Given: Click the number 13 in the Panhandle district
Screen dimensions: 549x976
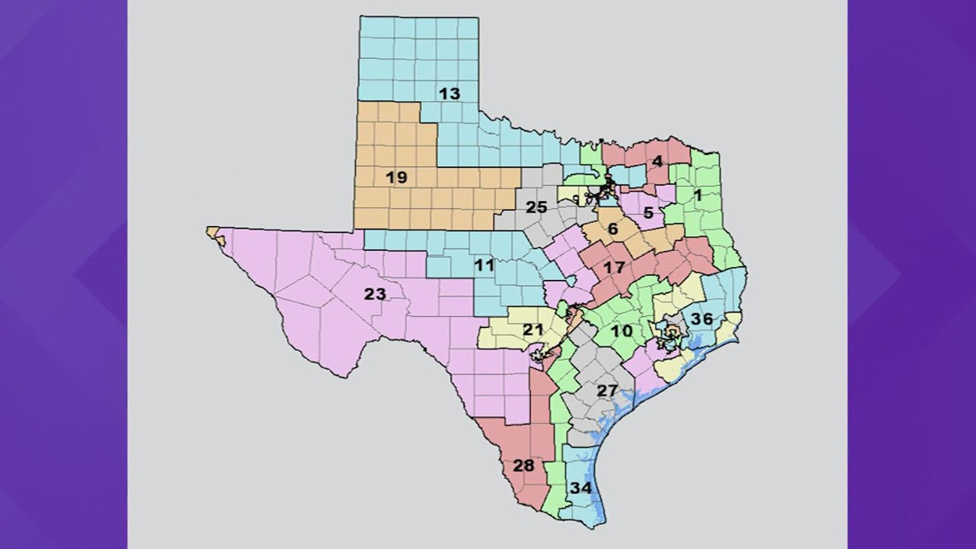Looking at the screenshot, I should coord(449,93).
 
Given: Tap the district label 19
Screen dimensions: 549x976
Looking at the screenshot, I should coord(396,178).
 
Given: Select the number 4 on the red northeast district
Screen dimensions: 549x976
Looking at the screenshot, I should coord(657,161).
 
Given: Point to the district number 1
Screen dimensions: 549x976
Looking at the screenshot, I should coord(698,195).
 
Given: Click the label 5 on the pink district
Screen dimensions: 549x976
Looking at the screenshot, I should coord(648,212).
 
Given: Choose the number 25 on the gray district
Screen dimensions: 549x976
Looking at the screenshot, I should coord(536,207).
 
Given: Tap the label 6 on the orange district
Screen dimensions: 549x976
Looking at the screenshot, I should coord(612,229).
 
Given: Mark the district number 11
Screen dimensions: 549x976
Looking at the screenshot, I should coord(485,266).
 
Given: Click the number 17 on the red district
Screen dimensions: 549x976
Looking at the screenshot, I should coord(613,267).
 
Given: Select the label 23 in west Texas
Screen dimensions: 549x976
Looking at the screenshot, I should coord(375,295).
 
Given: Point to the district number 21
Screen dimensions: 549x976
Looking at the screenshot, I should coord(533,330).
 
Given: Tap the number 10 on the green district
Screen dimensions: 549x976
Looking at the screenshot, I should coord(621,331).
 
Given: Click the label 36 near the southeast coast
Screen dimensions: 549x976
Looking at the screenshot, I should coord(702,319).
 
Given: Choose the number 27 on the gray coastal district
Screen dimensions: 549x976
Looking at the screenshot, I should coord(607,391).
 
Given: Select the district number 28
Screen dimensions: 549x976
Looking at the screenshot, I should coord(523,466).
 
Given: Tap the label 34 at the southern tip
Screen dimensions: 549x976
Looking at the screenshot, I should coord(581,488).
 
